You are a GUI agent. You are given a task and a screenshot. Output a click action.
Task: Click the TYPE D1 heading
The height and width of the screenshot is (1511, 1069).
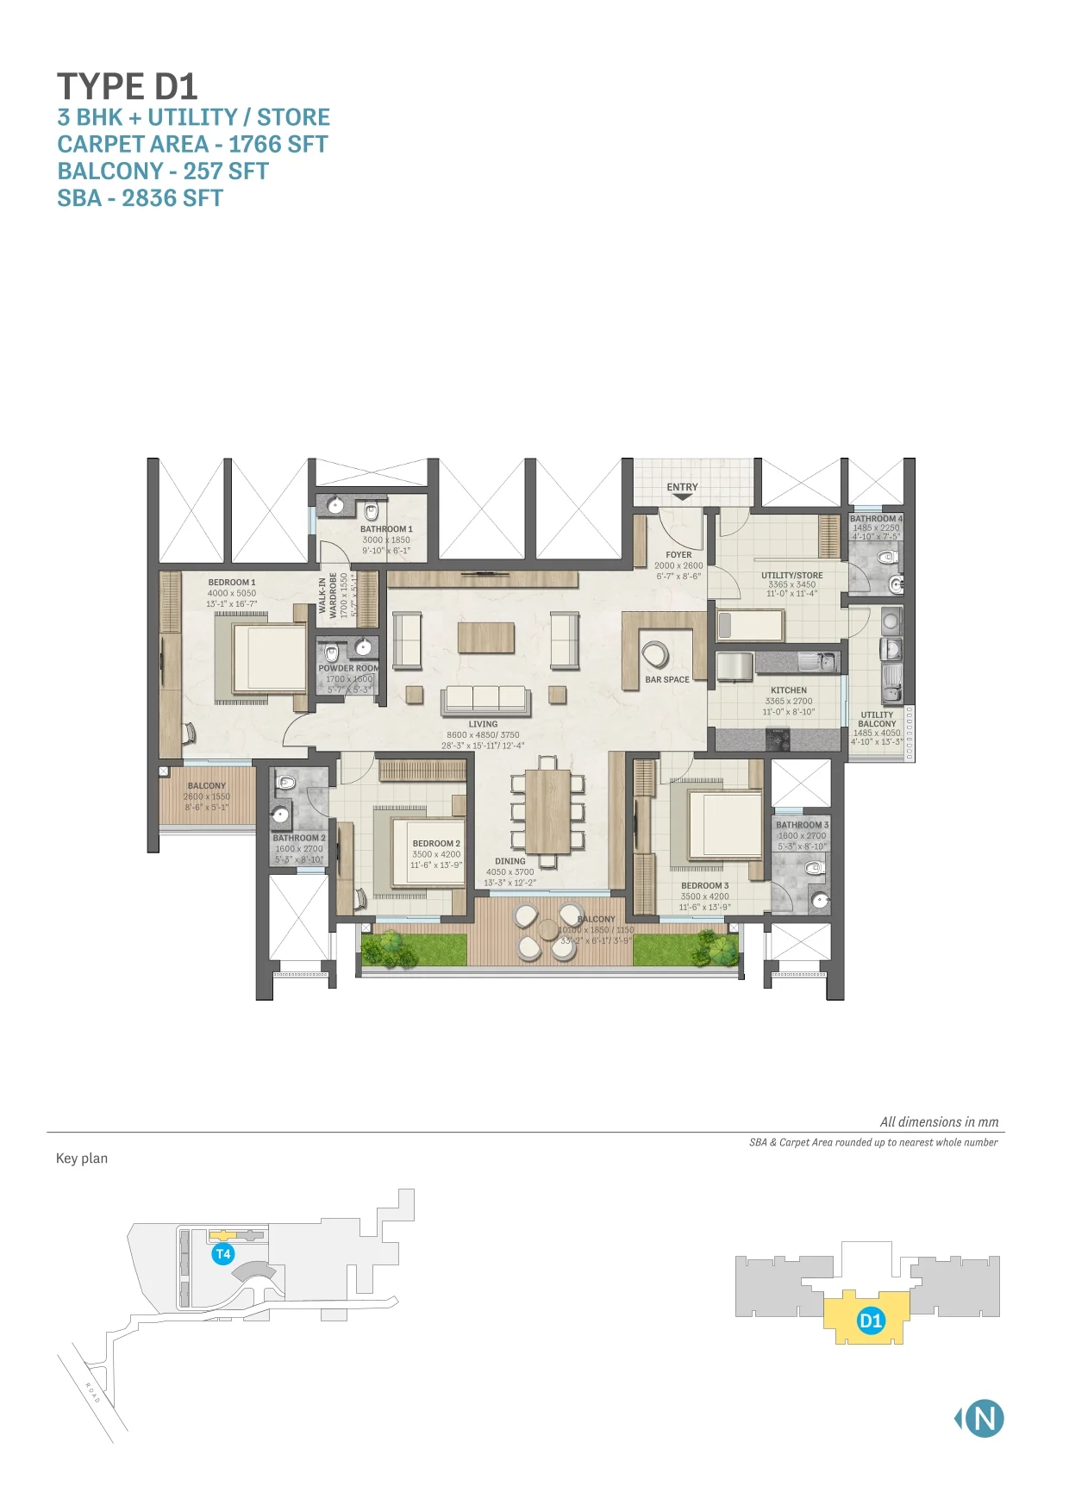pos(128,87)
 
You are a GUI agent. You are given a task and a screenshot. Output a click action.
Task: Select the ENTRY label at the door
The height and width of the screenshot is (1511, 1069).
pos(682,487)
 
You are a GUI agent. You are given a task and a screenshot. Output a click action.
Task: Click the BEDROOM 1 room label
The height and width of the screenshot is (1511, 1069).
pos(231,583)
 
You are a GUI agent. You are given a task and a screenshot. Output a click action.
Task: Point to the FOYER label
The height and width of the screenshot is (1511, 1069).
pos(678,555)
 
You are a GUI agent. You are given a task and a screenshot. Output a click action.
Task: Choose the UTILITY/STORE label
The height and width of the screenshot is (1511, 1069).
pos(791,575)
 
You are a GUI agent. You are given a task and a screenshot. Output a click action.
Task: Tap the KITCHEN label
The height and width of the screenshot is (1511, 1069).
pos(789,690)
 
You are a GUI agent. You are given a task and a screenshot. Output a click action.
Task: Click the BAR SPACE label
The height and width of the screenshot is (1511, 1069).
pos(667,680)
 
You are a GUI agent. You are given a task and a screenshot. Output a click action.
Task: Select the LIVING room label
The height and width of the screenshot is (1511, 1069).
pos(483,725)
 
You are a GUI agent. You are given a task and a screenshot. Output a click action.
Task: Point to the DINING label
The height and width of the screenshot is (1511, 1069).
pos(509,861)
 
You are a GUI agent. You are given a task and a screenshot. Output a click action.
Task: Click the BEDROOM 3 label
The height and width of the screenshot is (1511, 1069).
pos(704,886)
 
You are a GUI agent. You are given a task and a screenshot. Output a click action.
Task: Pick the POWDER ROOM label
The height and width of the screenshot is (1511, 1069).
pos(348,668)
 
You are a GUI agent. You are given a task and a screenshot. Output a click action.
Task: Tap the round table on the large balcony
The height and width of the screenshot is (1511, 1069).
pos(547,931)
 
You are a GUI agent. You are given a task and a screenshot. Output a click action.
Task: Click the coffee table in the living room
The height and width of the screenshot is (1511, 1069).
pos(486,638)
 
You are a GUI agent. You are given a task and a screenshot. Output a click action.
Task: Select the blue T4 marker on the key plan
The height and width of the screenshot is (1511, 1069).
pos(222,1254)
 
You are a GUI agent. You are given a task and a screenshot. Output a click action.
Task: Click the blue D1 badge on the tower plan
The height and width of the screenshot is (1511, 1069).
pos(871,1321)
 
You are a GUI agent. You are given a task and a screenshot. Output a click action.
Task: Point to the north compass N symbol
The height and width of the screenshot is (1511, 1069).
pos(984,1419)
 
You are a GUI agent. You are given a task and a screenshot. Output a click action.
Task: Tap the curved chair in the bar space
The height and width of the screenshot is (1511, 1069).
pos(655,655)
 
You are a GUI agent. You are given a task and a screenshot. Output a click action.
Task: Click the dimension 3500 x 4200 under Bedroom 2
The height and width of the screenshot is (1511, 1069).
pos(436,854)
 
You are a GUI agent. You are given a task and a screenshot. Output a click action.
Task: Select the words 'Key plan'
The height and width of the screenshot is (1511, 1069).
pos(82,1158)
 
